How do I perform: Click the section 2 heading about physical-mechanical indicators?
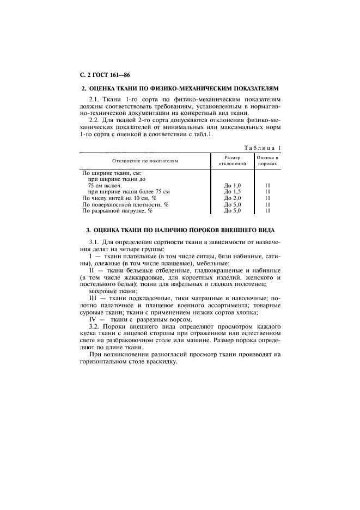[x=180, y=88]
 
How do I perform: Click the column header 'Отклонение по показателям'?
[x=145, y=161]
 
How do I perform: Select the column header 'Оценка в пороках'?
[x=267, y=160]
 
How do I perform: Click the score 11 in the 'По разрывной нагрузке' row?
[x=267, y=210]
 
